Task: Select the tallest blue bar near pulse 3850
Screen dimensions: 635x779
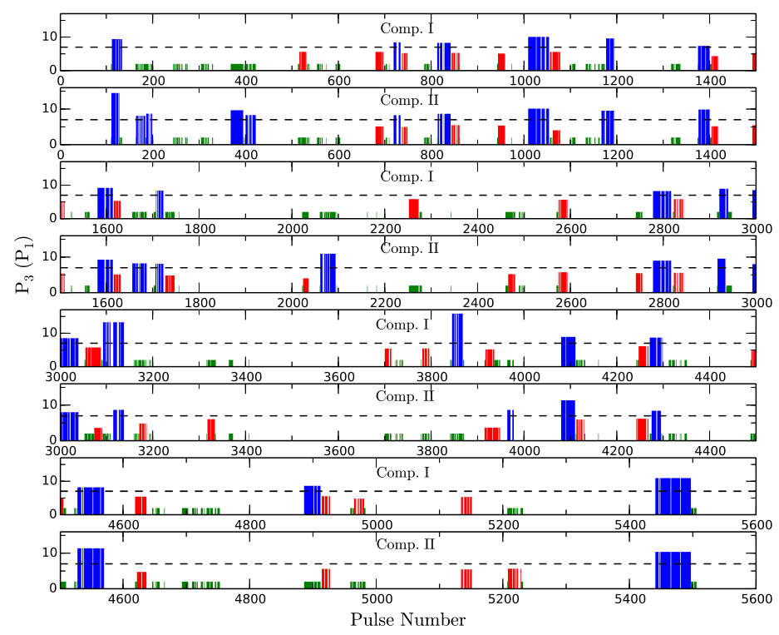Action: point(457,340)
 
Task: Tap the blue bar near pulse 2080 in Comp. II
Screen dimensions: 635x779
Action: point(328,273)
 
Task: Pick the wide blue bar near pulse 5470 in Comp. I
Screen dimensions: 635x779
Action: point(673,496)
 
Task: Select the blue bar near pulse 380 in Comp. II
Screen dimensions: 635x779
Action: point(237,127)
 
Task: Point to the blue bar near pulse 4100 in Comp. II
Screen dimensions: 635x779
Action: point(568,419)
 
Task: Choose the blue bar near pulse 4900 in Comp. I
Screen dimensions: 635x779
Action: point(312,499)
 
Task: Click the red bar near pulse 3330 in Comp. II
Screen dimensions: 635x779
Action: point(212,429)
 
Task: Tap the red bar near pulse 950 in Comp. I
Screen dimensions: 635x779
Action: point(501,62)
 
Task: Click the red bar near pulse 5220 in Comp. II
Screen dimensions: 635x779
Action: point(514,578)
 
